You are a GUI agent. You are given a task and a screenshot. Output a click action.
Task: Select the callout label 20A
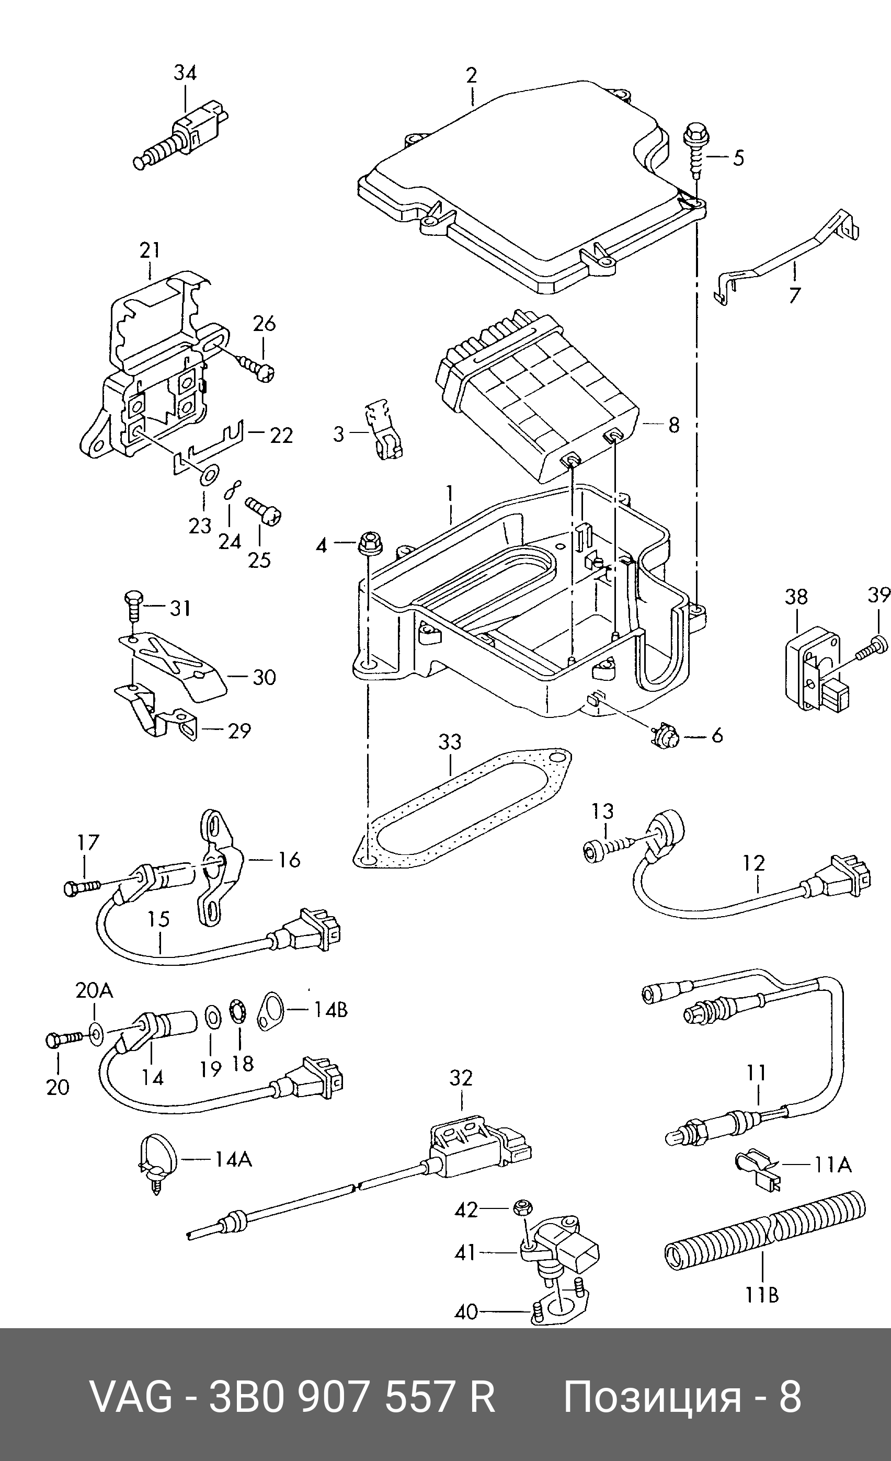[x=94, y=990]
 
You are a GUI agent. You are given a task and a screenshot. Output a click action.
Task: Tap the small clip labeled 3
[x=382, y=429]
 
